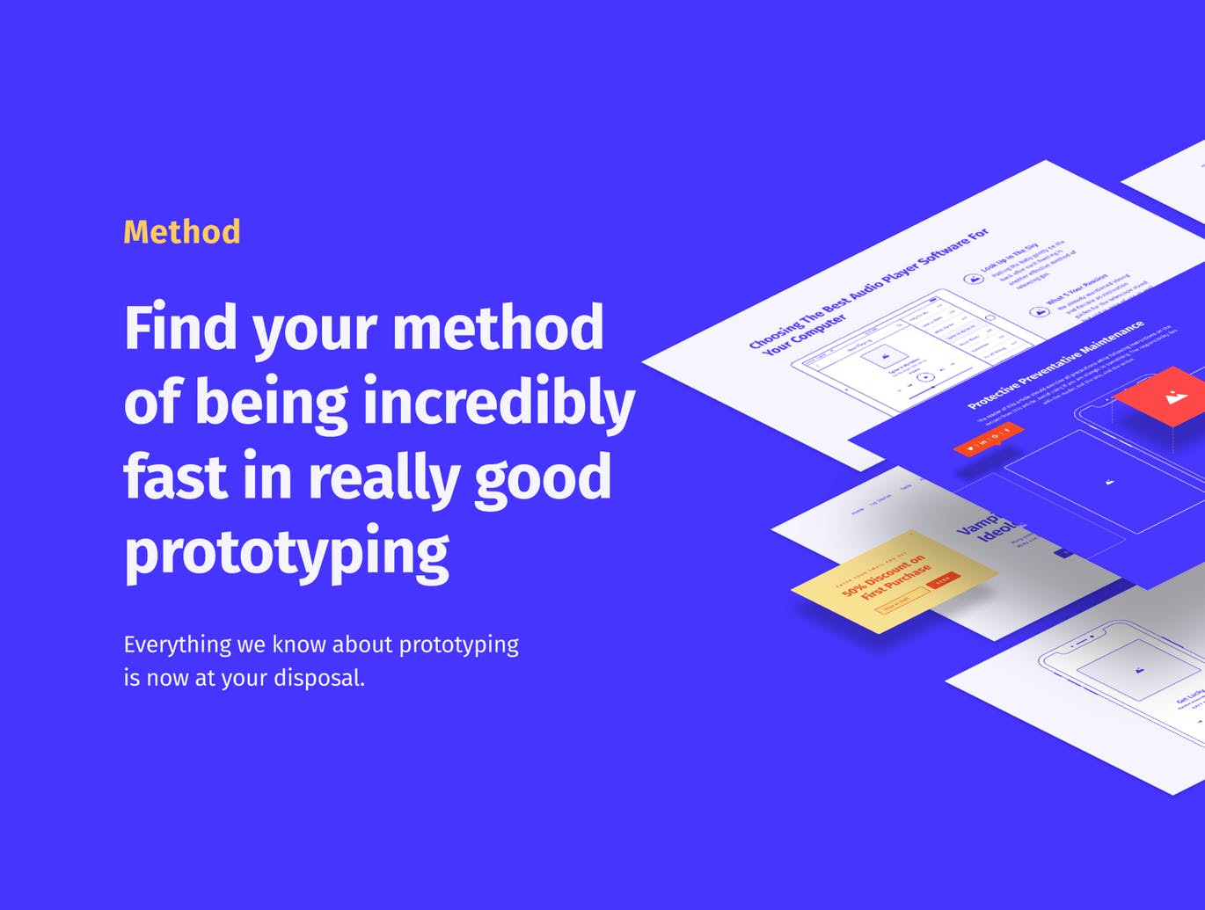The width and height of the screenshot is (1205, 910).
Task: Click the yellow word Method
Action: pyautogui.click(x=182, y=232)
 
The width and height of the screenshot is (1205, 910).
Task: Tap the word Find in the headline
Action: pyautogui.click(x=181, y=327)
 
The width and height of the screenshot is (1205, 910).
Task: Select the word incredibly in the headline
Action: pyautogui.click(x=499, y=403)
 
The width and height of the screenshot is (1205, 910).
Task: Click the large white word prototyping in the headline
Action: pyautogui.click(x=287, y=552)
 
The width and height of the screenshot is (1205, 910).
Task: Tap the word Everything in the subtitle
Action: pyautogui.click(x=177, y=644)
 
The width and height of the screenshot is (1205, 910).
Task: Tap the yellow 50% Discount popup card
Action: pyautogui.click(x=893, y=581)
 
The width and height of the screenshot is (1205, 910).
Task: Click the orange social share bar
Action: pyautogui.click(x=988, y=439)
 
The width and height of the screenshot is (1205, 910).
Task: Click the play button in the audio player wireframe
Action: pyautogui.click(x=925, y=378)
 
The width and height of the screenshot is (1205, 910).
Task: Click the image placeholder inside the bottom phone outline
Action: pyautogui.click(x=1139, y=670)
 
